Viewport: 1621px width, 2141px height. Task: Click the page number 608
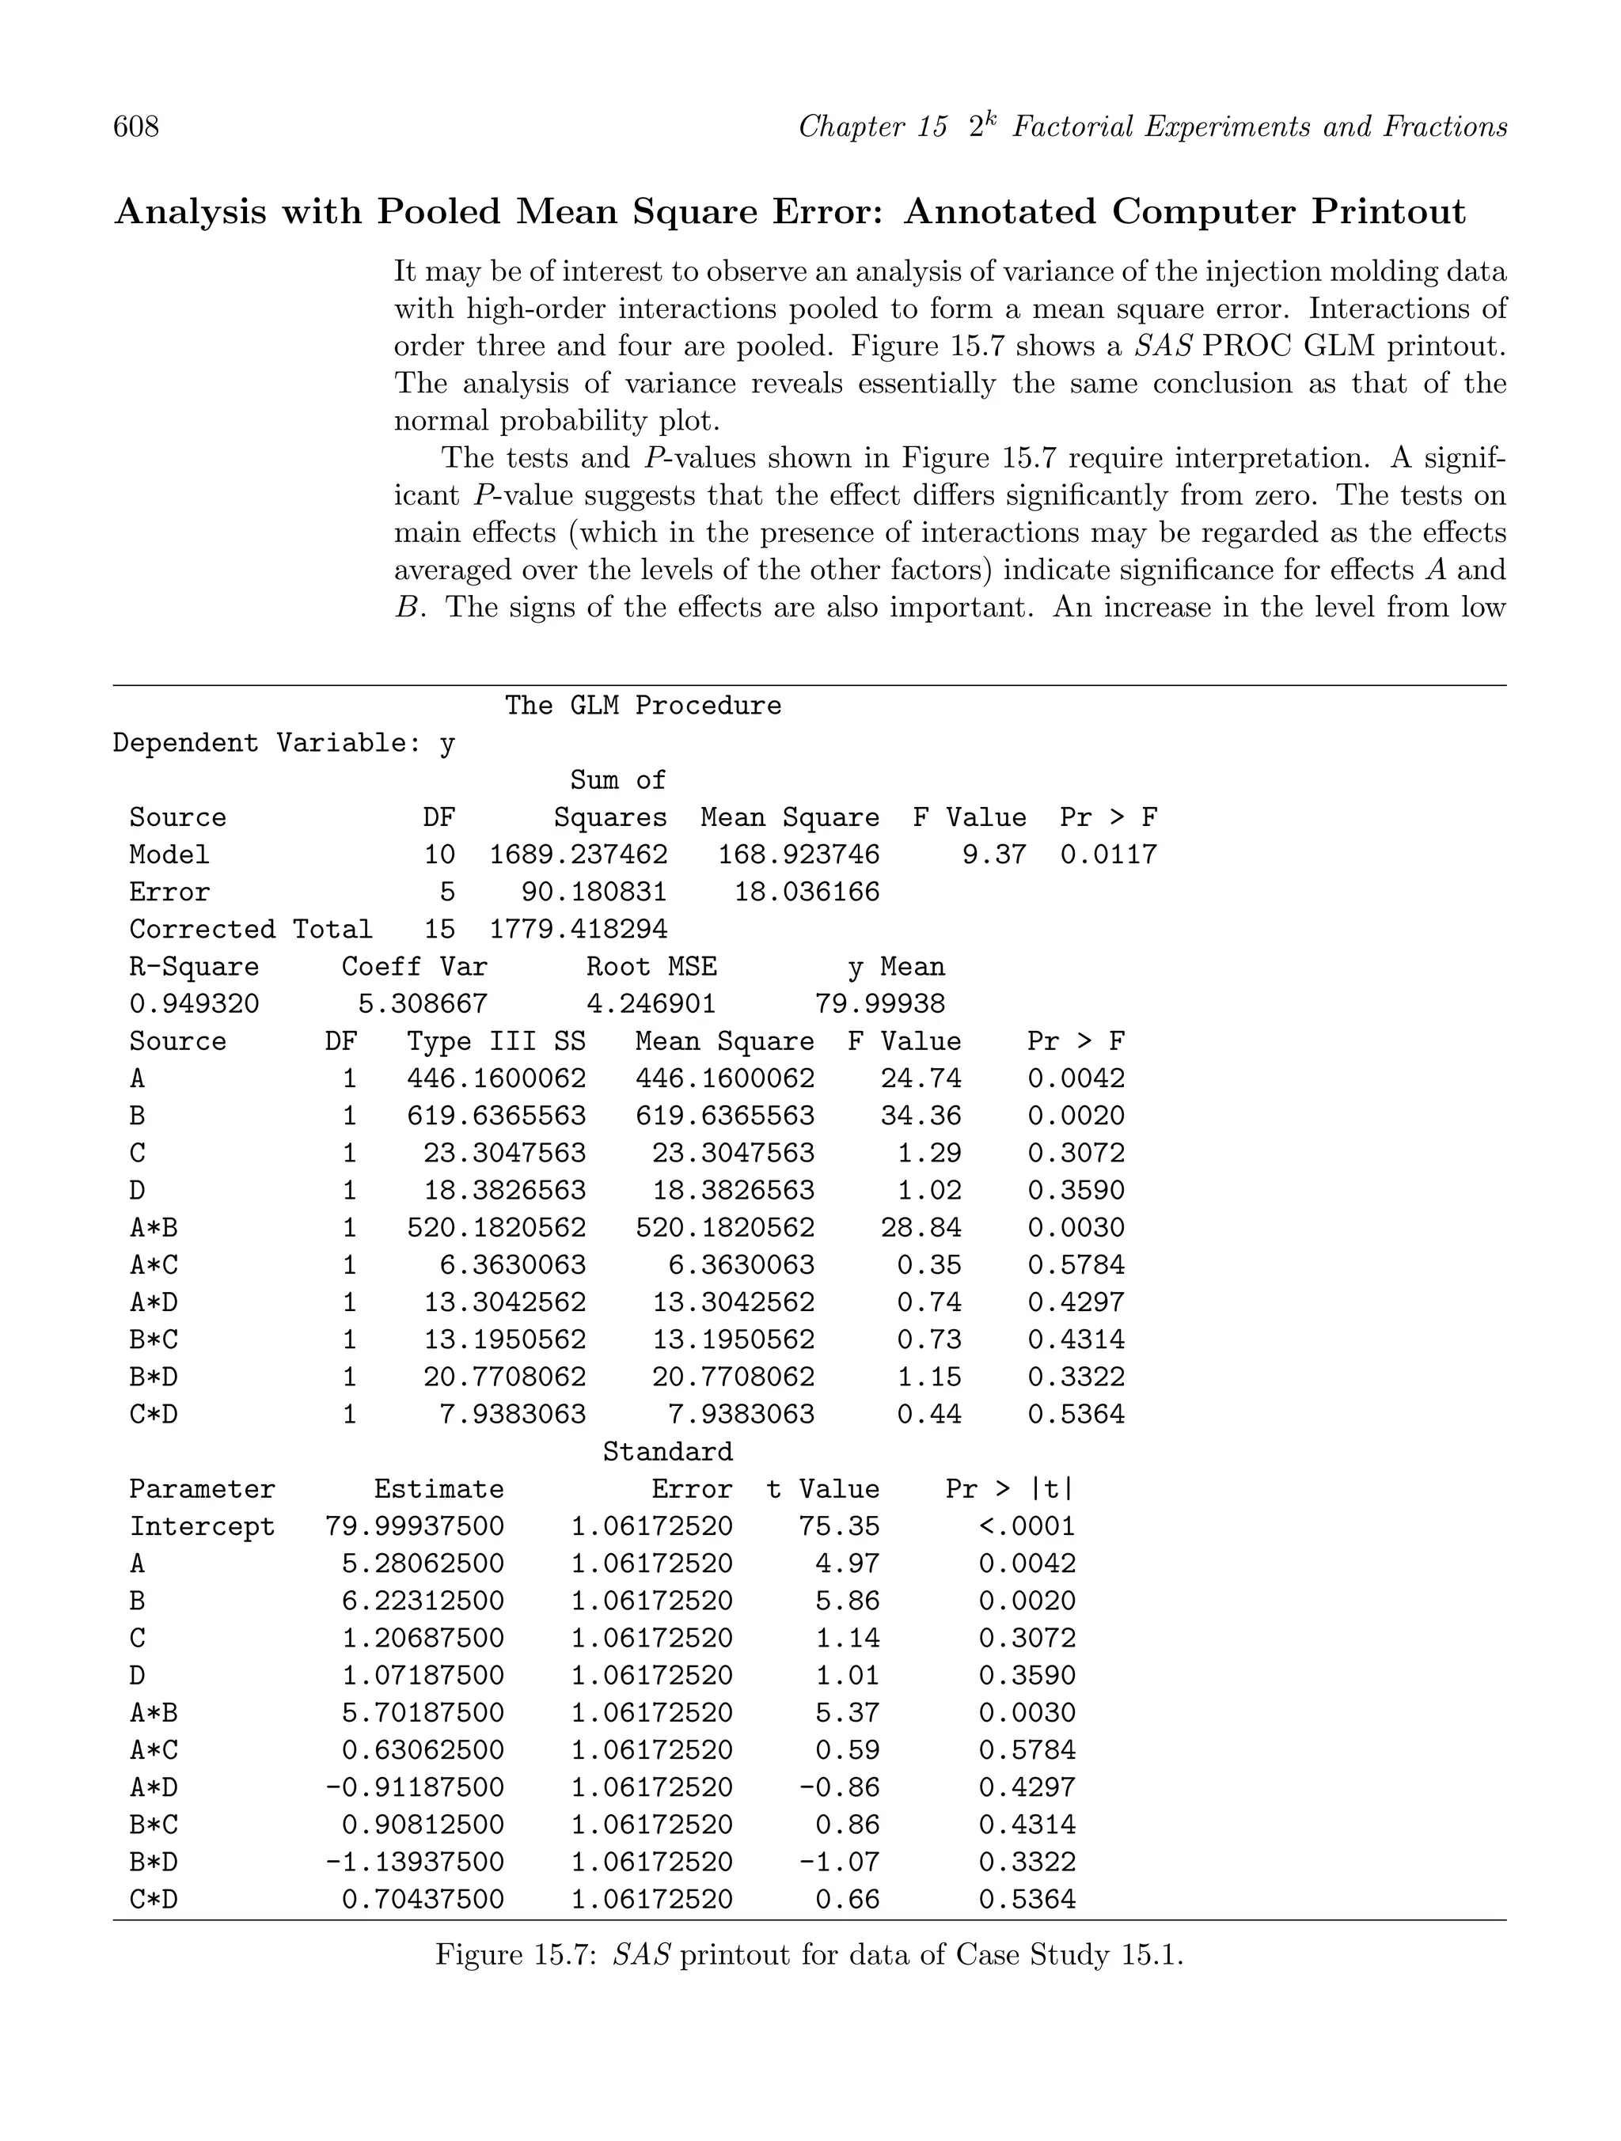point(137,127)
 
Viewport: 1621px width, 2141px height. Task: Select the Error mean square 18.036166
point(807,892)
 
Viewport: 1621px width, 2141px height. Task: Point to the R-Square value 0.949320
point(194,1004)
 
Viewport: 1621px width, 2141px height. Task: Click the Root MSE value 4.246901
point(651,1004)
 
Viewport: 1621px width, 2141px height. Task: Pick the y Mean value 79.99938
point(879,1004)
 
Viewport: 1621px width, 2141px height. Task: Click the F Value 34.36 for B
point(920,1116)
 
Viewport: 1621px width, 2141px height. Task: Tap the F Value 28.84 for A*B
point(920,1228)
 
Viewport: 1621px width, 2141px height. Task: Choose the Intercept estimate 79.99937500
point(415,1527)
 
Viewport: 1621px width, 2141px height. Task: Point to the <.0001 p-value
point(1027,1527)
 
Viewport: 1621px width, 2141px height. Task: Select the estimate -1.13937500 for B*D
point(415,1863)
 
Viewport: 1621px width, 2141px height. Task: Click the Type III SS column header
point(495,1041)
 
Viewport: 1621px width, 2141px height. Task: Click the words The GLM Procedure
point(642,706)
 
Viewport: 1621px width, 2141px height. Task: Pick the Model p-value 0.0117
point(1108,855)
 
